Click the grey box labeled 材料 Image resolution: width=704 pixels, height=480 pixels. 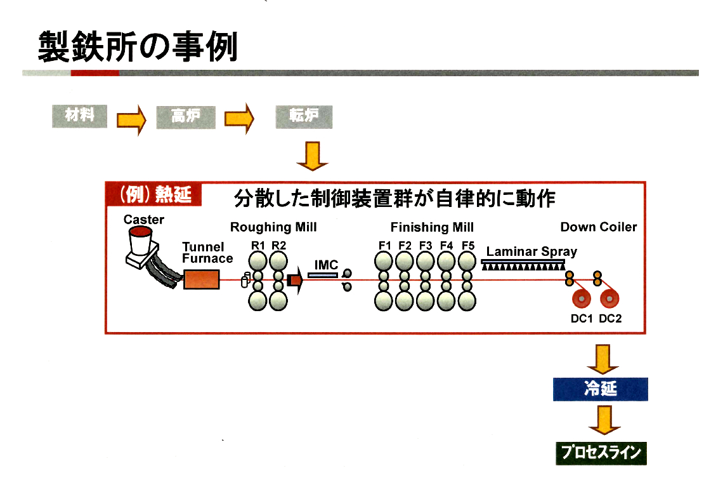click(80, 116)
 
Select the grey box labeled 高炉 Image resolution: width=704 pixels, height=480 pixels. click(186, 117)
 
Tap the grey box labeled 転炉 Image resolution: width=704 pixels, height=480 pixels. click(304, 117)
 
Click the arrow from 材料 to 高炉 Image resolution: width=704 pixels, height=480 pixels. click(131, 118)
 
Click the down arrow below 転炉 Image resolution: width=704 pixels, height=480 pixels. click(312, 156)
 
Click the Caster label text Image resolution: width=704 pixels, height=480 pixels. click(144, 220)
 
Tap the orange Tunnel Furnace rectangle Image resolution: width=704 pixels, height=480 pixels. click(202, 279)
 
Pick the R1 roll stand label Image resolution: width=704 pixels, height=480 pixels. click(257, 245)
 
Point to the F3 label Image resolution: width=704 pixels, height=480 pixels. click(426, 245)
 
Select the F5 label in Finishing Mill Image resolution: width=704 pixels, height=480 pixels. click(468, 245)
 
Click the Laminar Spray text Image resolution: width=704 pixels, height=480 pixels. click(531, 251)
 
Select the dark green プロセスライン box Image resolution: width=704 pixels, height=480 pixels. click(601, 453)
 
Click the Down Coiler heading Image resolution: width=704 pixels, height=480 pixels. click(598, 227)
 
